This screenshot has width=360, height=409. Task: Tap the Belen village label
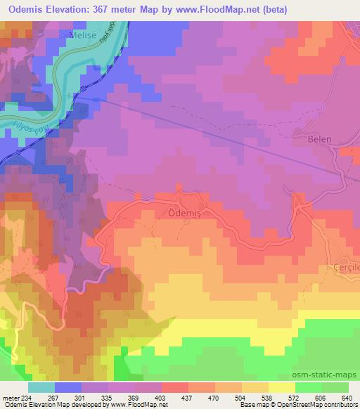[319, 139]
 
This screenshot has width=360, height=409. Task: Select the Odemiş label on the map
[186, 210]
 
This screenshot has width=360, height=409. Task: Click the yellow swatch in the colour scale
[281, 387]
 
